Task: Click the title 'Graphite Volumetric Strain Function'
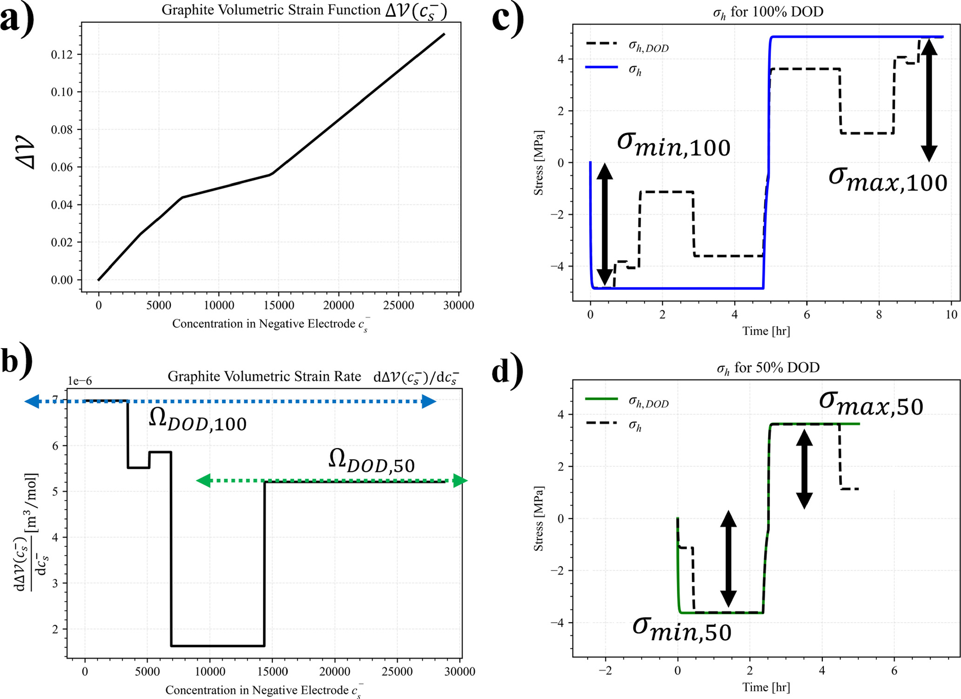coord(271,10)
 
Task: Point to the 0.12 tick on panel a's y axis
coord(61,55)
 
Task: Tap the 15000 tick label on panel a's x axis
coord(279,305)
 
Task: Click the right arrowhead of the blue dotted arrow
coord(429,402)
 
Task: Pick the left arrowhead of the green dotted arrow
coord(204,481)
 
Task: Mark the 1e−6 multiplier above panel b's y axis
coord(80,381)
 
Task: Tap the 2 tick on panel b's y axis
coord(55,629)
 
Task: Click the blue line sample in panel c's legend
coord(601,68)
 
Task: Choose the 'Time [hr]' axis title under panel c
coord(766,331)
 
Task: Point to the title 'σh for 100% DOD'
coord(768,12)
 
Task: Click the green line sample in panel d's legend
coord(601,399)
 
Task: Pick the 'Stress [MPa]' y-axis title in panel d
coord(538,519)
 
